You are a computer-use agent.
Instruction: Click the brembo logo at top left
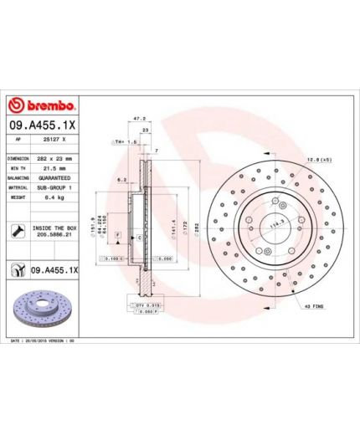[43, 105]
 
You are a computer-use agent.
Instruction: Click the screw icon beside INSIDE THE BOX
[17, 230]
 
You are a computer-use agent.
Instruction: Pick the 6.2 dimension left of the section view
[121, 179]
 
